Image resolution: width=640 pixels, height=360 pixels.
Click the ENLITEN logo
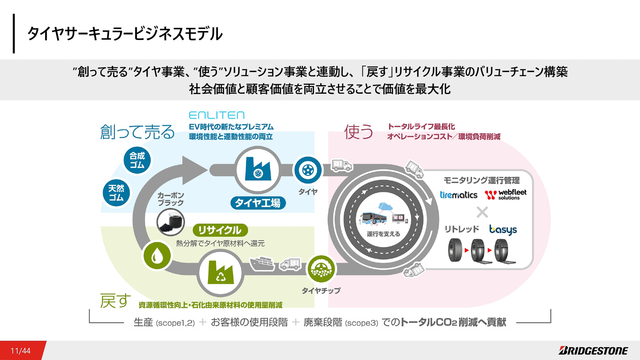217,115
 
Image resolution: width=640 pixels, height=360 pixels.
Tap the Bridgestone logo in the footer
593,351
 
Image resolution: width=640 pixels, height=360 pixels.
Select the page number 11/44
20,351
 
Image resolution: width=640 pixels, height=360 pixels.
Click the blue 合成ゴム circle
137,160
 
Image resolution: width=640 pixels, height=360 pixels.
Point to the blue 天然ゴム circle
116,193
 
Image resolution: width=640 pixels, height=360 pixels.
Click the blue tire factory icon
258,170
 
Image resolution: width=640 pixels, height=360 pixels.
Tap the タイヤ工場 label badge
258,203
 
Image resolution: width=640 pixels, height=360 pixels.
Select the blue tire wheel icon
308,170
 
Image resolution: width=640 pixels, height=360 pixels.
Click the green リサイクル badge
220,230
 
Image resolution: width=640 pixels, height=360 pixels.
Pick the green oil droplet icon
157,256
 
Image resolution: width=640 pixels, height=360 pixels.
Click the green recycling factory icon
220,273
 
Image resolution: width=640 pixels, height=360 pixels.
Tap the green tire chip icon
321,269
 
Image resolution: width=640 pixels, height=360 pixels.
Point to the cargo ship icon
262,264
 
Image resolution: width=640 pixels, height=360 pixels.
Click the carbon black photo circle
171,222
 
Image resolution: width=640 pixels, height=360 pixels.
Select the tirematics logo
458,195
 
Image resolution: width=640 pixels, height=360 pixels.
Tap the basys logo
503,230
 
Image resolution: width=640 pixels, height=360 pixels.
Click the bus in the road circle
374,218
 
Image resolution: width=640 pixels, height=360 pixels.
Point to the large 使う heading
359,132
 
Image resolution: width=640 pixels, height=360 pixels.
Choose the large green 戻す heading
115,301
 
